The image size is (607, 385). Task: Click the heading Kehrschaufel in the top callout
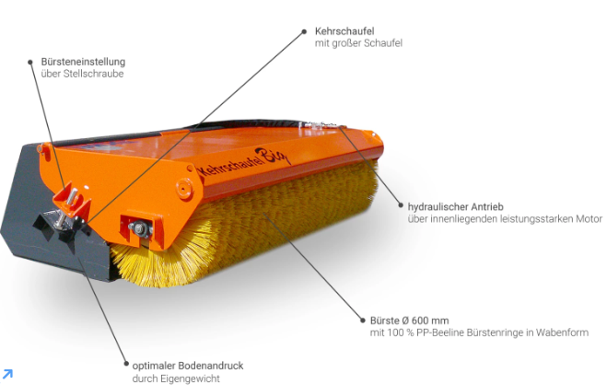click(344, 31)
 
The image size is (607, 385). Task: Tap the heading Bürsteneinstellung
click(83, 62)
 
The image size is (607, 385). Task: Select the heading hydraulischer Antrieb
click(455, 206)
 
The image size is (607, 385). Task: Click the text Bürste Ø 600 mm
click(409, 321)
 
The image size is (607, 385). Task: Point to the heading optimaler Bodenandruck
click(188, 366)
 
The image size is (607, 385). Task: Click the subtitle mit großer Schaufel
click(358, 43)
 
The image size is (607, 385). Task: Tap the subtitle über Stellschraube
click(83, 74)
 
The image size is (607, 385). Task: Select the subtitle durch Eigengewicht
click(176, 379)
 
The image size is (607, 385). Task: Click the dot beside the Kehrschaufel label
click(304, 31)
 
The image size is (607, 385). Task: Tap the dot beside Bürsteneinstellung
click(30, 63)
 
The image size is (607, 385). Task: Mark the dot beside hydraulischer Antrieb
click(401, 205)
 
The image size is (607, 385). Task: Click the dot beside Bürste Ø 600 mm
click(362, 320)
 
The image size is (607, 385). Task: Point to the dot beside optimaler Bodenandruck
click(126, 364)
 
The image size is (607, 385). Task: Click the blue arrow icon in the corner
click(7, 374)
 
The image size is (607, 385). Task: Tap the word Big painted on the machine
click(272, 156)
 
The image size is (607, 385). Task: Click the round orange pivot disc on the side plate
click(184, 189)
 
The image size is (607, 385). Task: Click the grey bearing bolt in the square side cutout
click(139, 228)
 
